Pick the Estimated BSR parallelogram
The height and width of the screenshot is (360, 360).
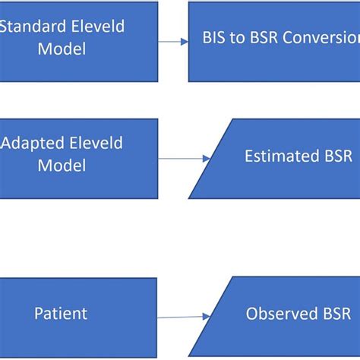[281, 157]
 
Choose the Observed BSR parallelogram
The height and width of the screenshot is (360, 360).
[281, 313]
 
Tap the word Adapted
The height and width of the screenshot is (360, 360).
[29, 144]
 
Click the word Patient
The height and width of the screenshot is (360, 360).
[61, 313]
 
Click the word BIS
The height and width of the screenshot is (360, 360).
[215, 39]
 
